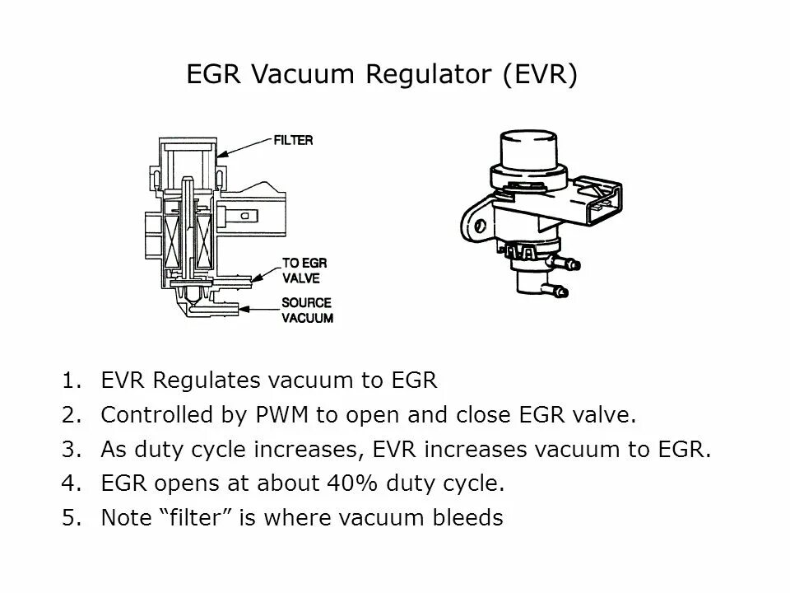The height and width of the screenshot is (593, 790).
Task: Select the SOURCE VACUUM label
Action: point(307,311)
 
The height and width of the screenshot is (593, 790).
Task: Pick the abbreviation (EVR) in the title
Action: point(539,75)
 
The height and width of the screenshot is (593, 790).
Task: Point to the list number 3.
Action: point(69,449)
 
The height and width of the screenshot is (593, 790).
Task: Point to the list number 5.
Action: point(69,518)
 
